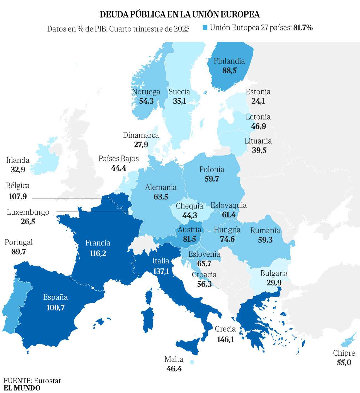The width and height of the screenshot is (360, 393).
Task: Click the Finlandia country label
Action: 229,61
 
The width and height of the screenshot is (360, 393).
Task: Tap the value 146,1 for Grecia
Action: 225,339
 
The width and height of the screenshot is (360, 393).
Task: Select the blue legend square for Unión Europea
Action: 205,28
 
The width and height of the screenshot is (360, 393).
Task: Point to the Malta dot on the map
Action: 192,362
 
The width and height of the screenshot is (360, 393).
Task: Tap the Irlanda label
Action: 18,160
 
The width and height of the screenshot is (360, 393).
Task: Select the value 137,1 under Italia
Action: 161,271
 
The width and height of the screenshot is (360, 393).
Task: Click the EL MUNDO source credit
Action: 22,388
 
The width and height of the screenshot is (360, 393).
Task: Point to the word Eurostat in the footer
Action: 48,381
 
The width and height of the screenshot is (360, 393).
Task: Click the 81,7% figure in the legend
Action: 303,28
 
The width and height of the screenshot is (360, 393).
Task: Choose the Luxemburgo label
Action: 28,212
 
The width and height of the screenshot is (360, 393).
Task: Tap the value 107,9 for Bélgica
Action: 18,196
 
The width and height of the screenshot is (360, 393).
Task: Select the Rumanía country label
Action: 265,231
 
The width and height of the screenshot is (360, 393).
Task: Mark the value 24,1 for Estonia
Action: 258,101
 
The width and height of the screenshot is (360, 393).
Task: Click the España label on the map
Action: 55,297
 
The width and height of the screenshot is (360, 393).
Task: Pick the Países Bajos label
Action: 118,159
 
